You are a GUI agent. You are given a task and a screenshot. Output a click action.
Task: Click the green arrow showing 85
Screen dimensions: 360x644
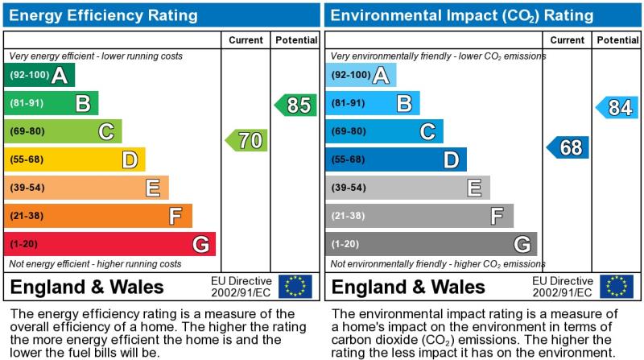(295, 105)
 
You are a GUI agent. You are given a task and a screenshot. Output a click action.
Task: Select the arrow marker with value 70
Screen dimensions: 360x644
(246, 140)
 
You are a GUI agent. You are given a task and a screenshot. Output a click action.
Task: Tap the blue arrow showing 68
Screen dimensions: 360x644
(568, 147)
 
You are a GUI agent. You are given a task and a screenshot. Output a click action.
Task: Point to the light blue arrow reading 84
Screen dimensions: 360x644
(617, 107)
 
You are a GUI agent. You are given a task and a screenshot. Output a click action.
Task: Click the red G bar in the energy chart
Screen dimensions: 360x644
(109, 244)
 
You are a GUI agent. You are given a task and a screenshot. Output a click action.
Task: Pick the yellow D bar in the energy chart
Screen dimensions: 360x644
(74, 159)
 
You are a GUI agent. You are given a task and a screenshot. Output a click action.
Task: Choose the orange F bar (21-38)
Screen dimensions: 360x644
(97, 216)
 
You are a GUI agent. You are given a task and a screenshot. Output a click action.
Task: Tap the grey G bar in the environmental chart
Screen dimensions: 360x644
(431, 244)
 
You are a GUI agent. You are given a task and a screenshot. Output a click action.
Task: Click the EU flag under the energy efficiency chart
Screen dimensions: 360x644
(295, 287)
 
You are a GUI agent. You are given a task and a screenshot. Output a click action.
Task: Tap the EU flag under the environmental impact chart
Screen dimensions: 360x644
(616, 287)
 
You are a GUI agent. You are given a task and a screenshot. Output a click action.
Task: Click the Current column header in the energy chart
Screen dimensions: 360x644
(246, 40)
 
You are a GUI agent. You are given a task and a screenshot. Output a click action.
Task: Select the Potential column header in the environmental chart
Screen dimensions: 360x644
(617, 40)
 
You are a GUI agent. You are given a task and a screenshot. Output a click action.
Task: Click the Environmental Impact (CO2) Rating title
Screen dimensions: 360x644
(461, 15)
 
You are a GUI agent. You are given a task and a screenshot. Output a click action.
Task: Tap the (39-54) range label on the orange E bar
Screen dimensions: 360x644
(27, 188)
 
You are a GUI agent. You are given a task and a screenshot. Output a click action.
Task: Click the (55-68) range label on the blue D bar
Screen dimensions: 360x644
(349, 159)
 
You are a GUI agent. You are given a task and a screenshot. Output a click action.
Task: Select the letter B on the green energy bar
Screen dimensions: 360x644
(82, 103)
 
